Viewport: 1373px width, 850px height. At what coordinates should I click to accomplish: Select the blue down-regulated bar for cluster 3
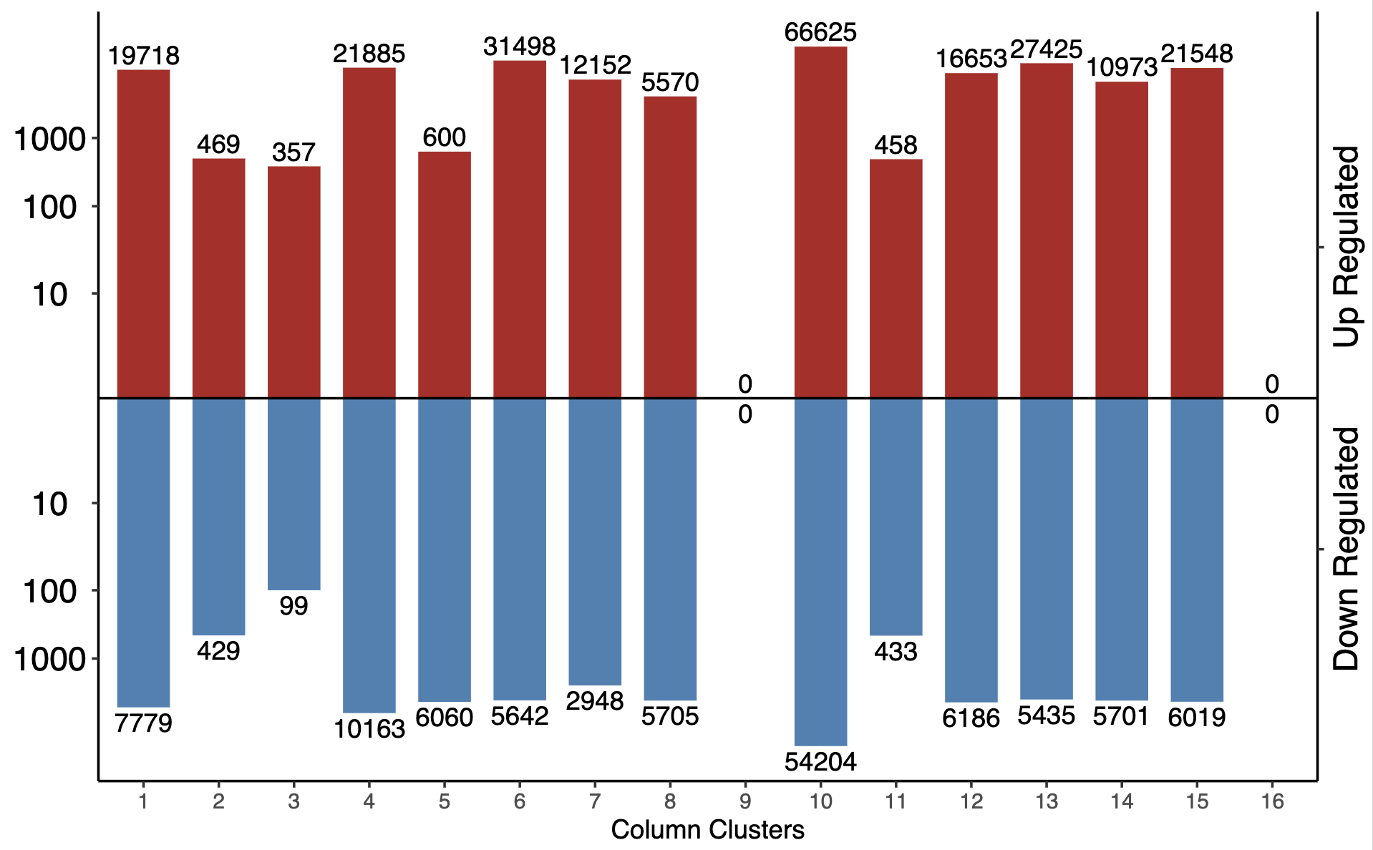tap(293, 494)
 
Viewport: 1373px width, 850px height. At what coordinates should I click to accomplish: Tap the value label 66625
tap(820, 32)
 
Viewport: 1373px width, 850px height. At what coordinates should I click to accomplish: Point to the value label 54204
tap(820, 762)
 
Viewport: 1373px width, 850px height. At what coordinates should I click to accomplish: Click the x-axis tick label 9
tap(745, 801)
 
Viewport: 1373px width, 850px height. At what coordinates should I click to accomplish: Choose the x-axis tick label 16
tap(1272, 801)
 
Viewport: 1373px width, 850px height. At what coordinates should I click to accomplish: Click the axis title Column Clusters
tap(707, 830)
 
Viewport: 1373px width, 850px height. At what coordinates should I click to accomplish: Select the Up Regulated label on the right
tap(1346, 247)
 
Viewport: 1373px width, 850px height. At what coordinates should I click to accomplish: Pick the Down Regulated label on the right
tap(1346, 549)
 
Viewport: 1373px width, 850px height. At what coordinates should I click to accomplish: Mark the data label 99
tap(293, 606)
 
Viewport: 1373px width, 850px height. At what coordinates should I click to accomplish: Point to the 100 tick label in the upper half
tap(49, 207)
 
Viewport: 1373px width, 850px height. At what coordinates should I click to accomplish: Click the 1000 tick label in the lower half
tap(49, 659)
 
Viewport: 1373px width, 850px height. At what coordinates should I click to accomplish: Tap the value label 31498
tap(520, 47)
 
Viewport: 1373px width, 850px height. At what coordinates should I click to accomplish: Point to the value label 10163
tap(369, 729)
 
